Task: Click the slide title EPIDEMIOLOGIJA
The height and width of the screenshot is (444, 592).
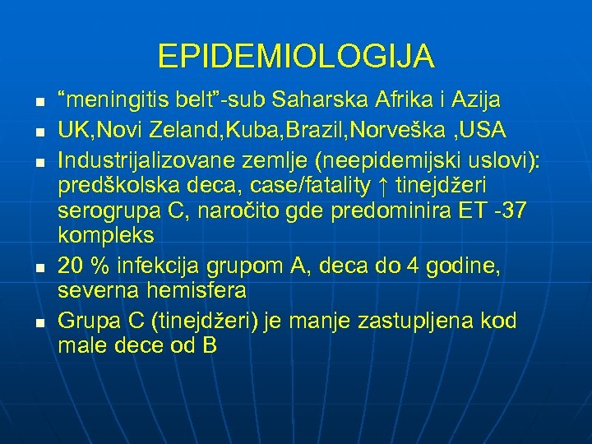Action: [296, 57]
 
